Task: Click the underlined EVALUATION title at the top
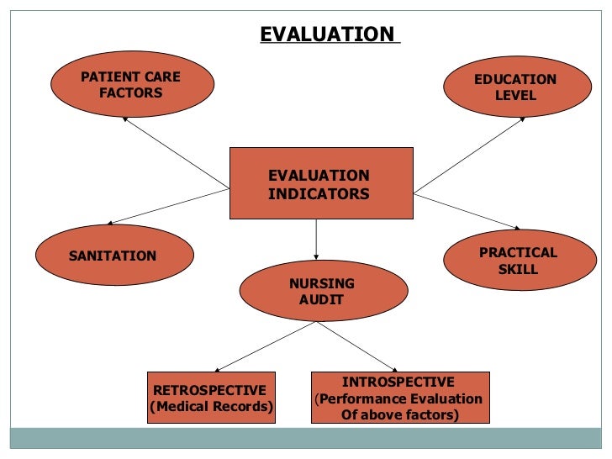pos(328,34)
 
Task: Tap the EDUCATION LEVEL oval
pos(514,87)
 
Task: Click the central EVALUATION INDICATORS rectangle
pos(320,184)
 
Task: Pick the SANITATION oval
pos(114,256)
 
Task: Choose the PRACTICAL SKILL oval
pos(517,261)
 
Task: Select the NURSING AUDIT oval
pos(322,291)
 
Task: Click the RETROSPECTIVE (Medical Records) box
pos(211,398)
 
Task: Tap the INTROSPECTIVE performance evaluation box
pos(399,398)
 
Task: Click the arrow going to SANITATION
pos(168,206)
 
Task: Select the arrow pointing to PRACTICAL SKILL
pos(467,211)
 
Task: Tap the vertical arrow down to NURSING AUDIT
pos(316,239)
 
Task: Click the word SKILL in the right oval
pos(518,270)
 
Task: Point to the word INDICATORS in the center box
pos(319,193)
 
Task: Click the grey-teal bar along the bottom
pos(306,439)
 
